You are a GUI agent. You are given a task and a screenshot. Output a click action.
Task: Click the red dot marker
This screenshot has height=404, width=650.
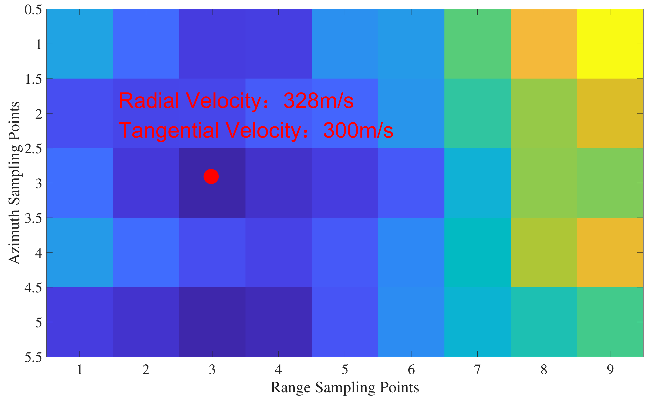(x=211, y=177)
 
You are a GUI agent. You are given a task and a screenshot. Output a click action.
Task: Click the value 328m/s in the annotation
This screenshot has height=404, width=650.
(x=318, y=101)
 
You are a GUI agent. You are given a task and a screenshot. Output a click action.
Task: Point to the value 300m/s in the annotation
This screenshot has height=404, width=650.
(x=358, y=130)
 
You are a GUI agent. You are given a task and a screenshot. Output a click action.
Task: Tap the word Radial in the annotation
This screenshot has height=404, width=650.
(x=149, y=101)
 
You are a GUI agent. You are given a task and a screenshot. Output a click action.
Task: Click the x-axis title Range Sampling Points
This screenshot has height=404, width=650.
(x=345, y=388)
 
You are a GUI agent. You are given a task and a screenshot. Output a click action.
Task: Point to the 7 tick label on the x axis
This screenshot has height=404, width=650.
(x=477, y=370)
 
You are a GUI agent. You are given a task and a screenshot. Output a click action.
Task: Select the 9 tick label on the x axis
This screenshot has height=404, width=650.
(x=610, y=370)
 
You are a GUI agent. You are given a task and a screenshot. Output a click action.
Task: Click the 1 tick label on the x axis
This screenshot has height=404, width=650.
(x=79, y=370)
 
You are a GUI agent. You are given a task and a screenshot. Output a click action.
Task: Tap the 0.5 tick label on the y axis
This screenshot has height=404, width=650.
(x=33, y=10)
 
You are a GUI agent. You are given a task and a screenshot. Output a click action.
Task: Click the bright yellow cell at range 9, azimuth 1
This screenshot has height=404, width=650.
(x=610, y=44)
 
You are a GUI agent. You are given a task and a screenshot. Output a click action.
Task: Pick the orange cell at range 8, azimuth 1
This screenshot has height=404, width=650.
(x=543, y=44)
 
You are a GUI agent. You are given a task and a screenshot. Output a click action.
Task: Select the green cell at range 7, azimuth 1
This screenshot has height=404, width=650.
(x=477, y=44)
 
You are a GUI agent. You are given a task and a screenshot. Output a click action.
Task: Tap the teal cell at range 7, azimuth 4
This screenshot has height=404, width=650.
(x=477, y=252)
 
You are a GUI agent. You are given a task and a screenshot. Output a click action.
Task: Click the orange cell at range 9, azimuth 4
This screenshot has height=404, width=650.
(x=610, y=252)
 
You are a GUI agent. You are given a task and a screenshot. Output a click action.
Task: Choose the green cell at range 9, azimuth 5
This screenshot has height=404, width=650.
(x=610, y=322)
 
